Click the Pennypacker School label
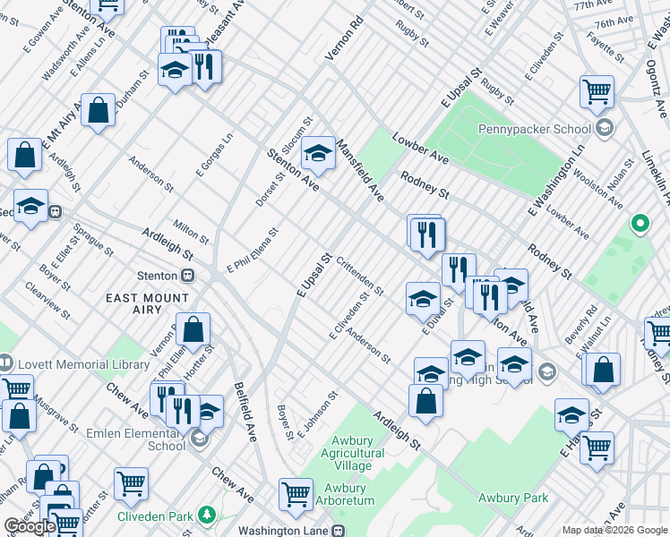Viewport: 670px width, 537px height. (546, 129)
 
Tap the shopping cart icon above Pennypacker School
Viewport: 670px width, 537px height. (597, 91)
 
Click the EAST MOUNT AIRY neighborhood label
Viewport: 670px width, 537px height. (148, 299)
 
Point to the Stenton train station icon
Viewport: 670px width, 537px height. (188, 276)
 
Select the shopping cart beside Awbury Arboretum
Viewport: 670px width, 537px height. (296, 494)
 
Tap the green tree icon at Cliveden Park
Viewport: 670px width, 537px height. (208, 515)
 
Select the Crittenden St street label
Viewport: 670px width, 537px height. (361, 277)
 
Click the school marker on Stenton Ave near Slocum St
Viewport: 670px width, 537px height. (317, 154)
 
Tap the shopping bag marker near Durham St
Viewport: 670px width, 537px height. (99, 110)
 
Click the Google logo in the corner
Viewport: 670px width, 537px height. (30, 526)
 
